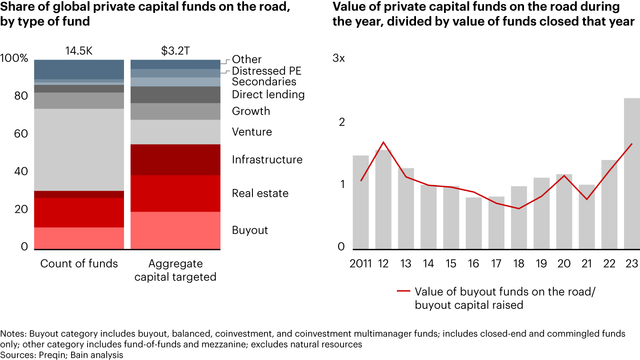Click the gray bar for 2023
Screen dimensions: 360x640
[x=632, y=173]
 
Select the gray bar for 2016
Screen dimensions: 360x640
[x=473, y=223]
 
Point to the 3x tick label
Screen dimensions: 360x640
[x=339, y=59]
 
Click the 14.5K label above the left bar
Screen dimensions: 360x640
[x=79, y=51]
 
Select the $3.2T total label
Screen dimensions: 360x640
[x=175, y=51]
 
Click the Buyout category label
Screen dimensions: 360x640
[x=250, y=230]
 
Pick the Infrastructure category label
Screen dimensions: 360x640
[x=267, y=160]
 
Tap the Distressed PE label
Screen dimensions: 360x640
[x=267, y=71]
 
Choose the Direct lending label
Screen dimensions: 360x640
[x=268, y=94]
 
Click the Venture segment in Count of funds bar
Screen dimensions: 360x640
[x=79, y=150]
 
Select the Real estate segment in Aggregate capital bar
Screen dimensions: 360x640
[x=176, y=193]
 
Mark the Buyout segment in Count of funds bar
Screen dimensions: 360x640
[x=79, y=238]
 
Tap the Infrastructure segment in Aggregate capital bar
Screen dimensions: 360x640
[x=176, y=160]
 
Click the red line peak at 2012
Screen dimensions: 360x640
[x=383, y=142]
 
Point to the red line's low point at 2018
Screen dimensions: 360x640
[x=519, y=208]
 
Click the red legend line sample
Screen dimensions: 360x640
[x=403, y=292]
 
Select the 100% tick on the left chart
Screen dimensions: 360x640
[x=15, y=59]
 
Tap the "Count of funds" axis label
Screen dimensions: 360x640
[x=79, y=264]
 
